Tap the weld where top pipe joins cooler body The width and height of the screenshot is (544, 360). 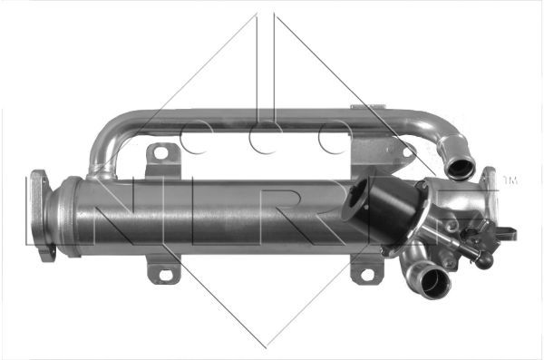100,172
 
